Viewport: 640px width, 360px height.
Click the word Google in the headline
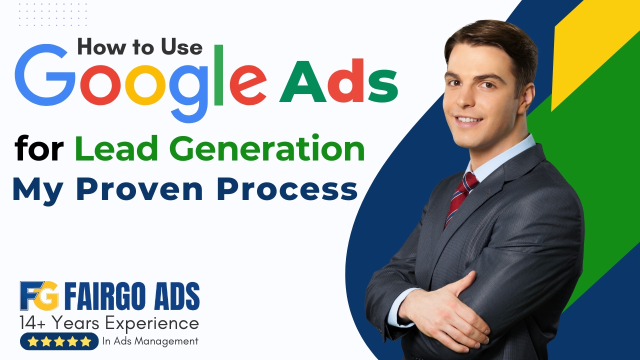click(x=140, y=83)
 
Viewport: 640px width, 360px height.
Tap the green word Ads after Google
click(x=338, y=81)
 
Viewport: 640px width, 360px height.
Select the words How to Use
click(x=139, y=47)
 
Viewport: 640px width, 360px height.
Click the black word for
click(x=39, y=148)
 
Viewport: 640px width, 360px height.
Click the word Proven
click(x=139, y=189)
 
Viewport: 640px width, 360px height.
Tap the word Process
click(x=287, y=189)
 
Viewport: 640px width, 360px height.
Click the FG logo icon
click(x=39, y=295)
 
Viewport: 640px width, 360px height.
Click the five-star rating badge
click(x=59, y=341)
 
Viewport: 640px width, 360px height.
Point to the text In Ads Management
click(x=150, y=341)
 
